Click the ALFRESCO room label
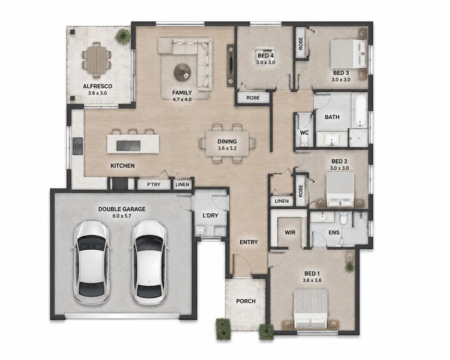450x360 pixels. (97, 86)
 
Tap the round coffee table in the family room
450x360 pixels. (183, 73)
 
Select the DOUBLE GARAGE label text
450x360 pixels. (122, 209)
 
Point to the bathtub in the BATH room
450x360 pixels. (359, 110)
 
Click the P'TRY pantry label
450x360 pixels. (154, 184)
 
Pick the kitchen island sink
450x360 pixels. (128, 146)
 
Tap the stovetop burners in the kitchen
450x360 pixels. (78, 146)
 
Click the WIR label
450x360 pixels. (290, 232)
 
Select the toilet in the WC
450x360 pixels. (304, 141)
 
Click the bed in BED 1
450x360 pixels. (311, 309)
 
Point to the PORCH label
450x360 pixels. (246, 301)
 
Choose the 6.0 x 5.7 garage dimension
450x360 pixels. (122, 216)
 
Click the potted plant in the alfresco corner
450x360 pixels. (123, 36)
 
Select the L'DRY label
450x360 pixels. (210, 215)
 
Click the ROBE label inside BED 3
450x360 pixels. (300, 43)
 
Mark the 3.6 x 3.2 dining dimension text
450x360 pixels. (227, 148)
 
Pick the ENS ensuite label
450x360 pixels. (334, 232)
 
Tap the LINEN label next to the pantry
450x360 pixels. (182, 184)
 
